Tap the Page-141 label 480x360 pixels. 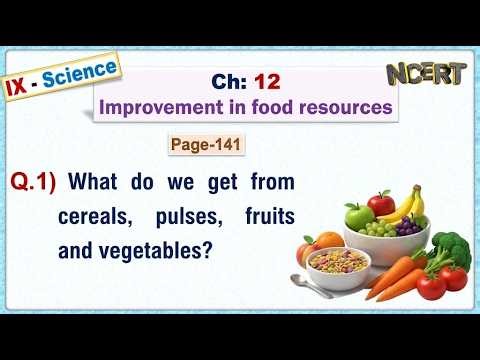click(x=205, y=146)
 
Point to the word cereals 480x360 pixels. click(x=93, y=216)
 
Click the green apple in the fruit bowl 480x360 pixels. click(x=359, y=215)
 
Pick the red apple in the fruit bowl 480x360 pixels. click(x=381, y=204)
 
